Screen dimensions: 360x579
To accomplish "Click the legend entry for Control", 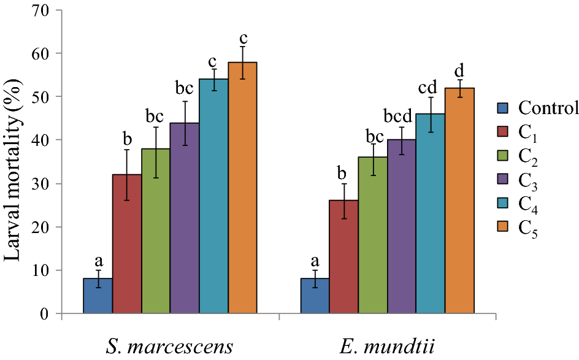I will [x=540, y=109].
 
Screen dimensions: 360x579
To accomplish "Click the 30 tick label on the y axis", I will [x=44, y=184].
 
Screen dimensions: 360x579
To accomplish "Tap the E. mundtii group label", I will [x=387, y=347].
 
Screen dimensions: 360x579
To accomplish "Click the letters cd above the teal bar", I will [x=431, y=88].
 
